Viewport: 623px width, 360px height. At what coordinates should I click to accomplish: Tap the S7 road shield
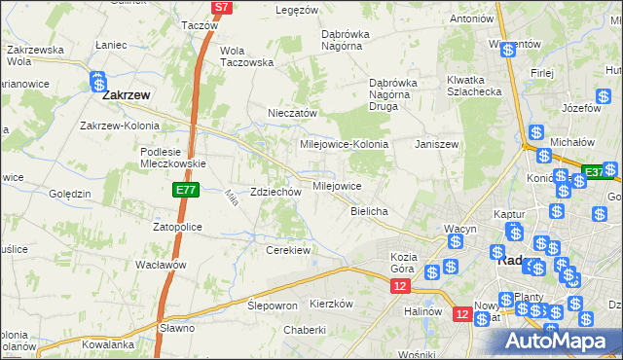[222, 6]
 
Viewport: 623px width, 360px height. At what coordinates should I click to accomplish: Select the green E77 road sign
[188, 190]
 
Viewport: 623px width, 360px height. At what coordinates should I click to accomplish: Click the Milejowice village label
[337, 185]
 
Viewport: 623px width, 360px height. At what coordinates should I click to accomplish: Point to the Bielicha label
[370, 211]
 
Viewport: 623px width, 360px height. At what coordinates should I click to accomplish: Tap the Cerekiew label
[288, 250]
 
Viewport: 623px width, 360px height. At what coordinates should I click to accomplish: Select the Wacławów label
[161, 265]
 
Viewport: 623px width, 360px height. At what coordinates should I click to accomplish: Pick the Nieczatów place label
[293, 113]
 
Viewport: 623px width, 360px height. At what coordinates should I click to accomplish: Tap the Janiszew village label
[436, 143]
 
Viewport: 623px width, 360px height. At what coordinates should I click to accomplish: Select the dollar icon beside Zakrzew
[97, 81]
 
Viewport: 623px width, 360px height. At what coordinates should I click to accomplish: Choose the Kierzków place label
[330, 304]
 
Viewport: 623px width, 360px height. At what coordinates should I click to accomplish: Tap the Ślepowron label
[273, 305]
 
